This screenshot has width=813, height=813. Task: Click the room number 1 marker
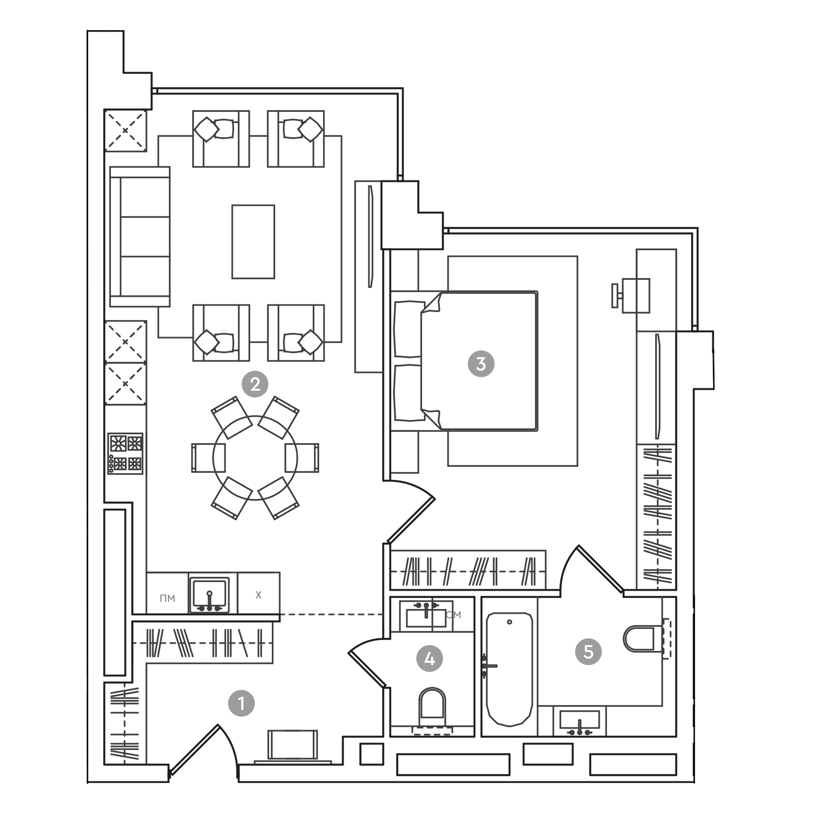point(241,703)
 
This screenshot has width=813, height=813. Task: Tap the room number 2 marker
point(255,384)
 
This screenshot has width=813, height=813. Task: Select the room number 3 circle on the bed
point(481,364)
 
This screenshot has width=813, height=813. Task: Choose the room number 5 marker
point(588,652)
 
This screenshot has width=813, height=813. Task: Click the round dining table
point(255,458)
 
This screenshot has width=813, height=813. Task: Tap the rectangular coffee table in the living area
point(253,242)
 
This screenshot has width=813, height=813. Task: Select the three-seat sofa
point(140,236)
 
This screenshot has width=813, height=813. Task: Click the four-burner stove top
point(125,454)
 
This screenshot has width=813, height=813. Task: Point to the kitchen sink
point(210,595)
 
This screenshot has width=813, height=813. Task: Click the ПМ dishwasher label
point(167,598)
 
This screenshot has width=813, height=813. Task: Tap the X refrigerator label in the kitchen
point(258,595)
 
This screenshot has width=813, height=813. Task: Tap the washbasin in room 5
point(580,720)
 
